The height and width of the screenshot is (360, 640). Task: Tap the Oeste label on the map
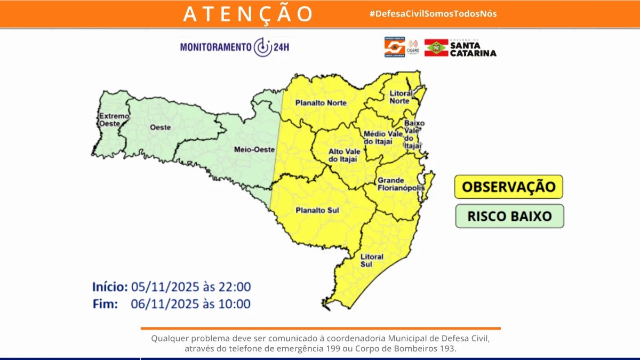click(160, 127)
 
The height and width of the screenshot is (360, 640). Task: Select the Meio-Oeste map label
click(254, 150)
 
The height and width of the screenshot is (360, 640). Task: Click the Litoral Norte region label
click(399, 97)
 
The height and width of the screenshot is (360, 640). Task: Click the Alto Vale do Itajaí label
click(342, 155)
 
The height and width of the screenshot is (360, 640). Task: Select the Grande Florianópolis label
click(401, 184)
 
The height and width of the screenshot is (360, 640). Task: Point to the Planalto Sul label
click(317, 211)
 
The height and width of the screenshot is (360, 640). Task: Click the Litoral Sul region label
click(372, 260)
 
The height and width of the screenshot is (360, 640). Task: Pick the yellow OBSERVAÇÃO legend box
click(508, 187)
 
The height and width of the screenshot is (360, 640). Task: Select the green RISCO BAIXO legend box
click(509, 216)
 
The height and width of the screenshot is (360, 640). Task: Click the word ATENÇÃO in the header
click(248, 14)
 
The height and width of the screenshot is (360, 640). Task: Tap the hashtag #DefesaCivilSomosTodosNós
click(433, 14)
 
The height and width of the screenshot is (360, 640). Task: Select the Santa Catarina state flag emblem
click(436, 47)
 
